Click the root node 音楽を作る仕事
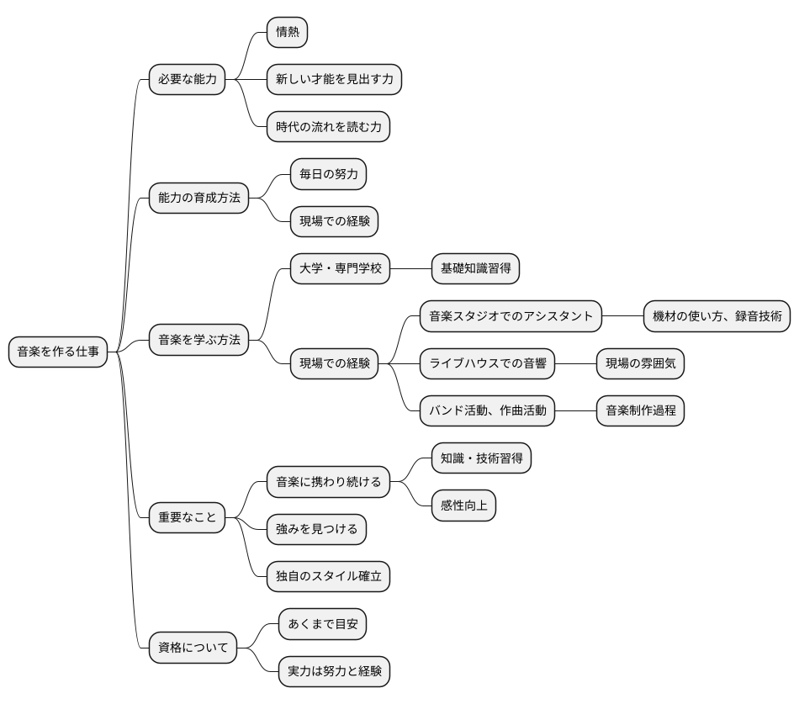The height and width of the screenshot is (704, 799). (x=58, y=352)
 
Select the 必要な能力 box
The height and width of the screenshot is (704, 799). (x=188, y=80)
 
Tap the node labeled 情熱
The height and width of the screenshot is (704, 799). (x=287, y=33)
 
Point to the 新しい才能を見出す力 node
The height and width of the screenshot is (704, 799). (x=334, y=80)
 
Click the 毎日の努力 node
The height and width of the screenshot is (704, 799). (x=328, y=174)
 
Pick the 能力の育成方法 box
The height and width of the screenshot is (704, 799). (x=199, y=198)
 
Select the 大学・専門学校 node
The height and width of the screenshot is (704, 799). (x=340, y=268)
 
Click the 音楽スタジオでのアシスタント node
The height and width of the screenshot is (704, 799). (x=511, y=316)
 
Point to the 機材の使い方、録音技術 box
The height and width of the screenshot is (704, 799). (x=717, y=316)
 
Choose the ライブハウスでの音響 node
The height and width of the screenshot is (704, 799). (x=488, y=363)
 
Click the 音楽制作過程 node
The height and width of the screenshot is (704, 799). (x=641, y=410)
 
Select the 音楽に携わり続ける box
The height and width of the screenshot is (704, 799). (x=328, y=482)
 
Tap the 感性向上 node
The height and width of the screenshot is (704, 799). (x=463, y=506)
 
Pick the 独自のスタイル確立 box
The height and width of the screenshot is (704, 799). (x=328, y=576)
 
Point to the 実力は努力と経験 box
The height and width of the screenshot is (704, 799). (x=334, y=670)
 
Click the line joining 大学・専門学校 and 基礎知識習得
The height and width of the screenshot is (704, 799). (x=411, y=268)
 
